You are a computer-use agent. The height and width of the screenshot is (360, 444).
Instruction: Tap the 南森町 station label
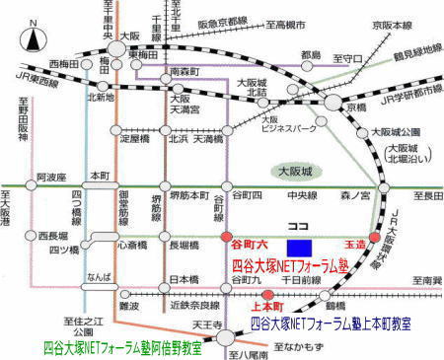185,71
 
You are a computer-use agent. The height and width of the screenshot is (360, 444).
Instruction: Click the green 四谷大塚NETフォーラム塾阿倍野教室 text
123,347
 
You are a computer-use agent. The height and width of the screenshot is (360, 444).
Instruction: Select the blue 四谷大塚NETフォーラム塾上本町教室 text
330,323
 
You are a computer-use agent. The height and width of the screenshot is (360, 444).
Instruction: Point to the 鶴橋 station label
350,293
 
